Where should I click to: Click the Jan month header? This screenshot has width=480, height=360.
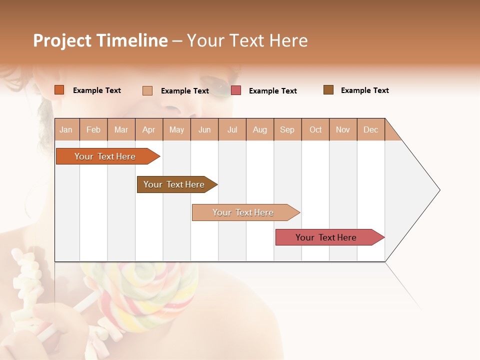(66, 129)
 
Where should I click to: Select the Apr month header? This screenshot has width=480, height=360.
(149, 129)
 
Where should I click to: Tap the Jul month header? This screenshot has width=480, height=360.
(232, 129)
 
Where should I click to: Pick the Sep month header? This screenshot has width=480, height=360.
(287, 129)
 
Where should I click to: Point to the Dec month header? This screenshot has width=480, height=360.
(370, 129)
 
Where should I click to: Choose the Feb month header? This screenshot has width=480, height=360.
(93, 129)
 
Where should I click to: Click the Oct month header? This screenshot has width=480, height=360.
(315, 129)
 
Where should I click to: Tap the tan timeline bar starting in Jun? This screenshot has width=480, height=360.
(243, 212)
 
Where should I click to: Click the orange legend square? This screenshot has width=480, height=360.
(59, 90)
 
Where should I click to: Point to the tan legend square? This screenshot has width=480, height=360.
(147, 90)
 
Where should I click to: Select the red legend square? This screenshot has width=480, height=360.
(236, 90)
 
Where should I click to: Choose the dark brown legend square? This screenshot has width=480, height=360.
(328, 90)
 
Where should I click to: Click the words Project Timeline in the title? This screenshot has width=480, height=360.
(100, 40)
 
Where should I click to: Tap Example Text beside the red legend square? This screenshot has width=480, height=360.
(272, 91)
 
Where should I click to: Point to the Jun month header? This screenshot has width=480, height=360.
(204, 129)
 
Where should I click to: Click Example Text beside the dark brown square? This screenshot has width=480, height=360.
(364, 90)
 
